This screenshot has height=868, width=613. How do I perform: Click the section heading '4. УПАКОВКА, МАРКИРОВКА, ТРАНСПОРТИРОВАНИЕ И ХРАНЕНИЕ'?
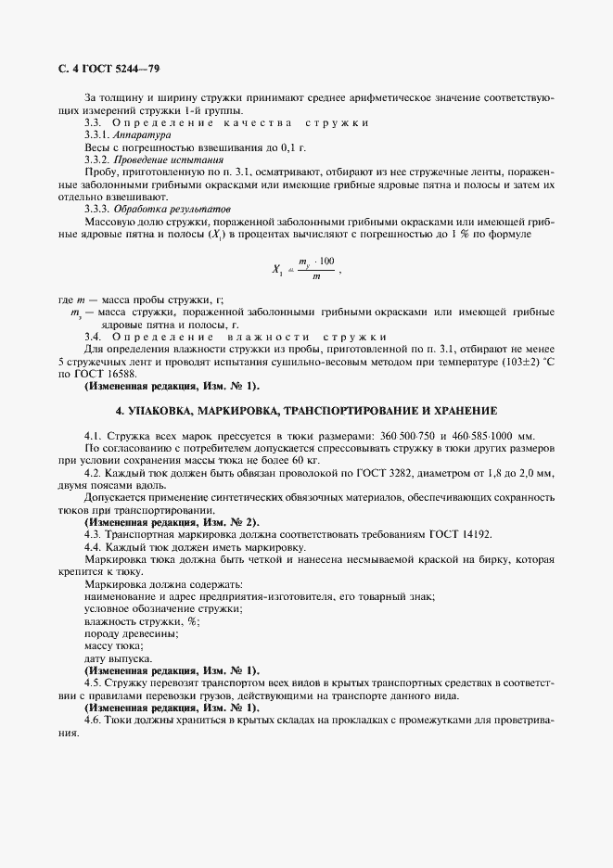(306, 409)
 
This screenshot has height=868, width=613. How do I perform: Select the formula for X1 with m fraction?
(306, 270)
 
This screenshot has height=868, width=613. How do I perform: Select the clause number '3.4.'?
(94, 336)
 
